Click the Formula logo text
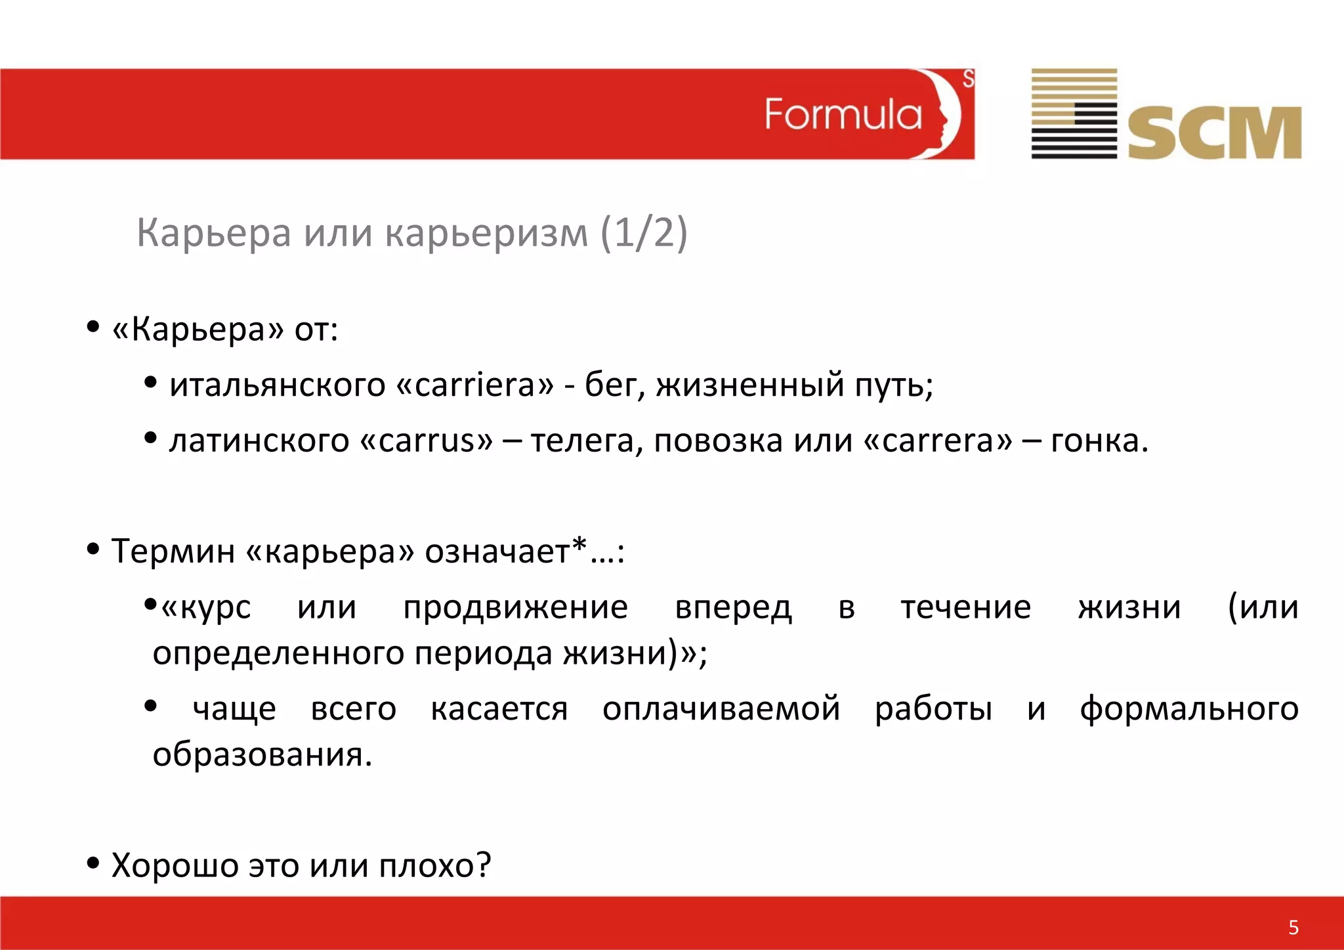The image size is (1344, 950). tap(843, 115)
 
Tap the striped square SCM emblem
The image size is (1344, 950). tap(1074, 114)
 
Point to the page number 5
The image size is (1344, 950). tap(1293, 927)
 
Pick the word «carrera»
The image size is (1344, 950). tap(938, 440)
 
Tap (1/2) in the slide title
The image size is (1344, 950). tap(644, 233)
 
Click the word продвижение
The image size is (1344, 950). tap(515, 607)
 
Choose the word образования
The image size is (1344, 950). tap(262, 754)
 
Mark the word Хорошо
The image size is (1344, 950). tap(175, 865)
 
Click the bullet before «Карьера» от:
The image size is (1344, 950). tap(93, 326)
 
